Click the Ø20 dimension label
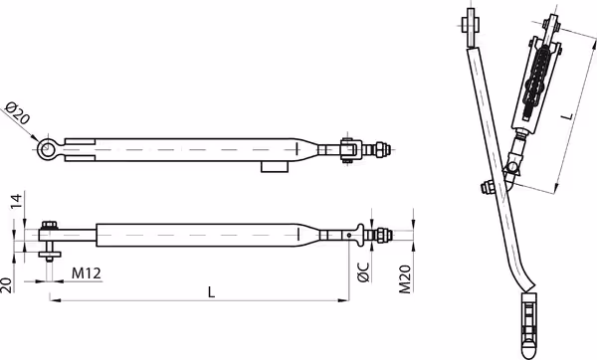tap(17, 113)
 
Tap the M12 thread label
tap(87, 273)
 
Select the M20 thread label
tap(405, 279)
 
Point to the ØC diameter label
tap(364, 272)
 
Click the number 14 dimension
tap(17, 201)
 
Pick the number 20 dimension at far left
tap(6, 285)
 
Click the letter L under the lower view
tap(212, 292)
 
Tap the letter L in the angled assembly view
tap(568, 115)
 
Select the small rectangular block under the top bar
tap(275, 167)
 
